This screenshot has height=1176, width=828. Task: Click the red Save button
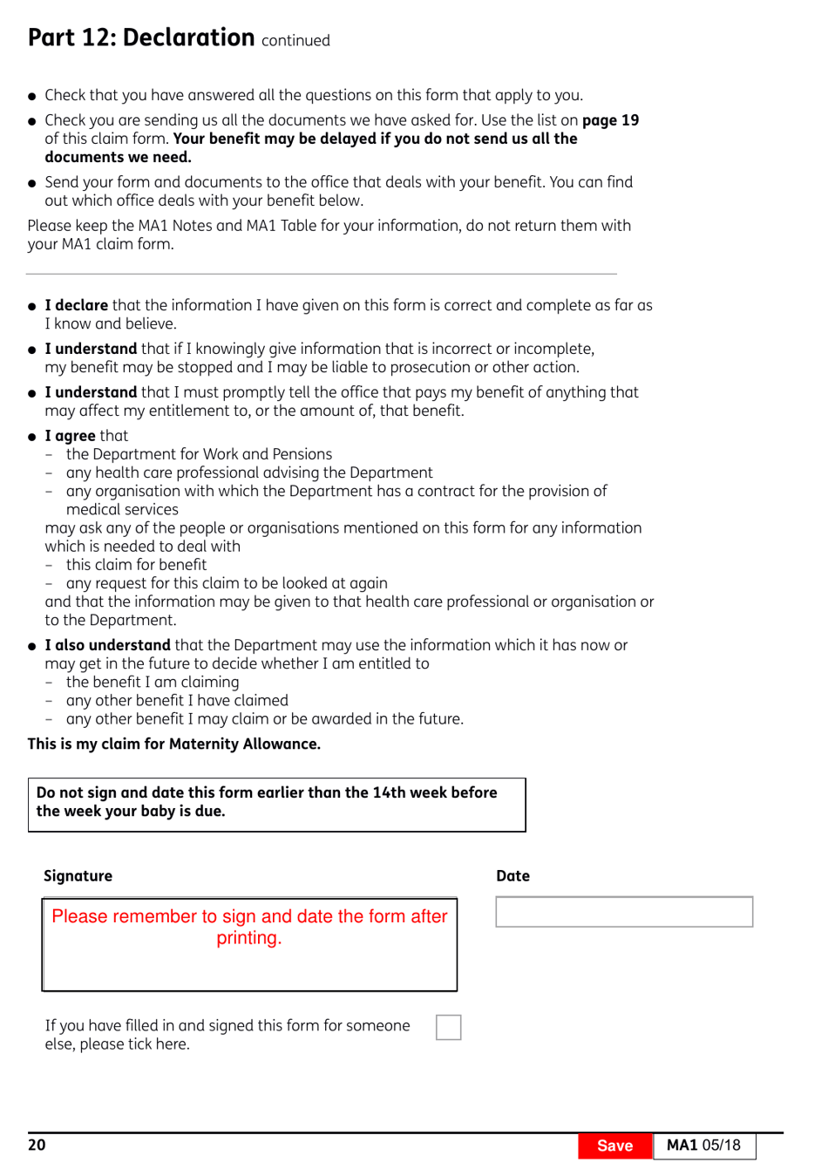click(614, 1145)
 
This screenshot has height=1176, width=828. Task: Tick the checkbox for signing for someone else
click(448, 1027)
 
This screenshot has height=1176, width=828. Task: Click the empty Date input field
click(624, 912)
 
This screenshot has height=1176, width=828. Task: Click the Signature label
click(78, 876)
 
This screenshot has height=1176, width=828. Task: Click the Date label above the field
click(512, 876)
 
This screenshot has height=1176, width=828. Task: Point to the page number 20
click(37, 1145)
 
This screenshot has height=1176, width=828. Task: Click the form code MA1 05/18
click(703, 1145)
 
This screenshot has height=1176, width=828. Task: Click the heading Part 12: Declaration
click(141, 37)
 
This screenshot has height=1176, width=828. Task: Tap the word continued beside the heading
click(295, 41)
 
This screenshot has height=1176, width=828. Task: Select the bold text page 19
click(610, 120)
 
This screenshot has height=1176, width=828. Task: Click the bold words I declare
click(77, 305)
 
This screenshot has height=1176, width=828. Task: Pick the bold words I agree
click(71, 436)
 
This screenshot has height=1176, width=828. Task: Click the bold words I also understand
click(108, 645)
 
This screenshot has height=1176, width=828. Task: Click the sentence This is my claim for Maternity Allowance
click(174, 744)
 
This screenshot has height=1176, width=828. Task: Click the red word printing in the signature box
click(249, 938)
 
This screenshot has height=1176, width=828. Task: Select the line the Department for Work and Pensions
click(199, 454)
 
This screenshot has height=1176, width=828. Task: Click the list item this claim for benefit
click(136, 565)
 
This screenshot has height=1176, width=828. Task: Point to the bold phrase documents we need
click(118, 157)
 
